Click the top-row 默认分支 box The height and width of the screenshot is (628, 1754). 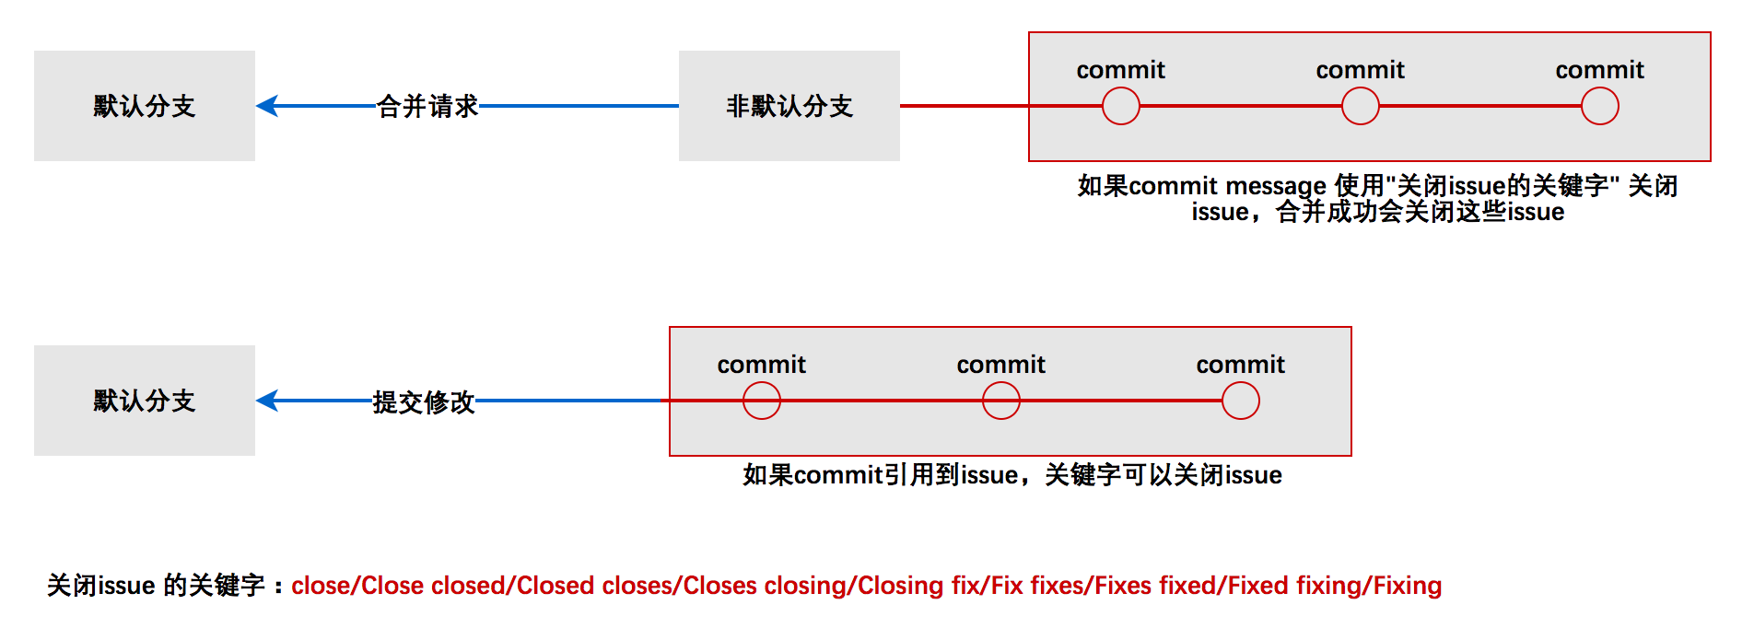point(145,106)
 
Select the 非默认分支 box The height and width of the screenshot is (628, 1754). point(789,106)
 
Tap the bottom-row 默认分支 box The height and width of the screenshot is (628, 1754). point(145,401)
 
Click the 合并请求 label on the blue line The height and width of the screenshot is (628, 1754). point(427,107)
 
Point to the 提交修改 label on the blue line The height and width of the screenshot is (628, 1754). point(424,401)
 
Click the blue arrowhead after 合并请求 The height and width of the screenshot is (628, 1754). point(267,106)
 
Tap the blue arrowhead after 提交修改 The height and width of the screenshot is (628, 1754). point(267,401)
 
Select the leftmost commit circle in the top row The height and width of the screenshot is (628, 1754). point(1121,106)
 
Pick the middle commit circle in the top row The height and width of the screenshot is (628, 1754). point(1361,106)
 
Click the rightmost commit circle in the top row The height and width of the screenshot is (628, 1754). point(1600,106)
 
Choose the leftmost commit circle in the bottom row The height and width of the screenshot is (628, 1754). point(762,401)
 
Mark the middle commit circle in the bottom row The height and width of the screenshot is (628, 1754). point(1001,401)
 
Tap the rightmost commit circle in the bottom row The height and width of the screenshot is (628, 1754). point(1241,401)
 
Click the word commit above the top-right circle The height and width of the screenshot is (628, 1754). point(1599,70)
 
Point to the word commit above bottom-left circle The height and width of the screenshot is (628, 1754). point(761,365)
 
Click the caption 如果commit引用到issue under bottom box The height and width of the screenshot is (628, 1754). point(1012,475)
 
